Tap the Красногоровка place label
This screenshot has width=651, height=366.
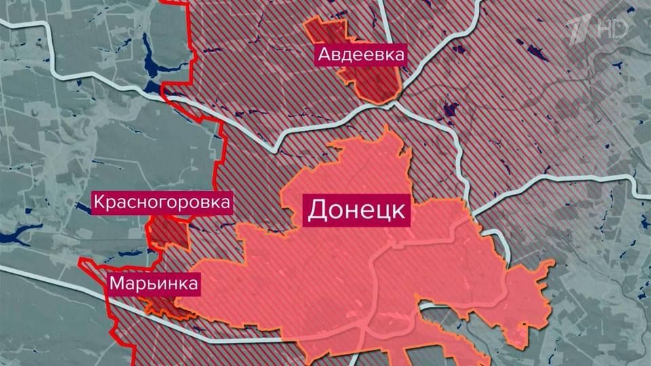pyautogui.click(x=163, y=202)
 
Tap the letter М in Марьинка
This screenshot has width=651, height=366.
pyautogui.click(x=117, y=283)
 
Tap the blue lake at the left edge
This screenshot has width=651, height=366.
pyautogui.click(x=14, y=237)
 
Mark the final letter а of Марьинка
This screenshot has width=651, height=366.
pyautogui.click(x=193, y=283)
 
